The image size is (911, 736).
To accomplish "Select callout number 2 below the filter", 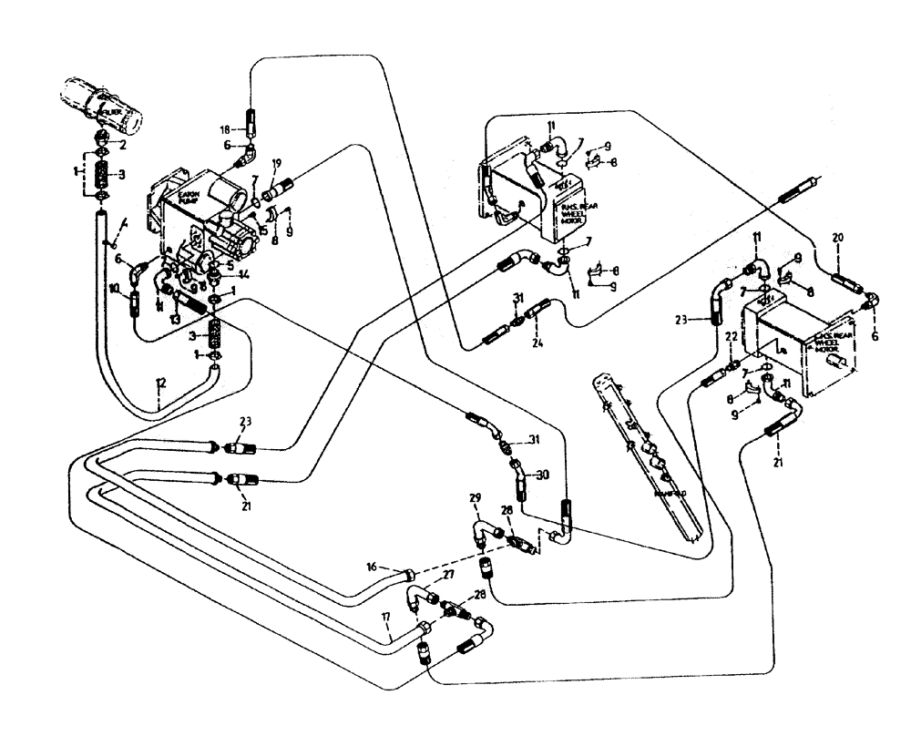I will (x=124, y=144).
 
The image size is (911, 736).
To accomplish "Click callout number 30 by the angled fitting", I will (x=544, y=475).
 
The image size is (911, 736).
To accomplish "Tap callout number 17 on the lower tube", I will (x=386, y=616).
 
